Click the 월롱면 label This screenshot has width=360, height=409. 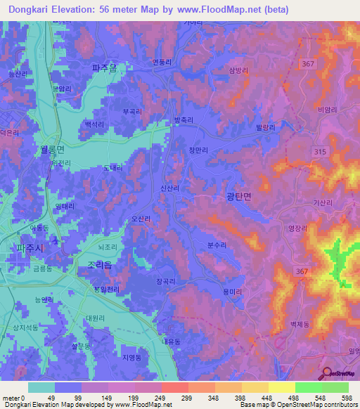click(x=48, y=150)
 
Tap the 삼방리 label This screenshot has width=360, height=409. click(x=239, y=70)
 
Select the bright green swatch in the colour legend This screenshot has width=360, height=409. click(x=308, y=387)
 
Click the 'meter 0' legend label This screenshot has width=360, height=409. click(x=13, y=398)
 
